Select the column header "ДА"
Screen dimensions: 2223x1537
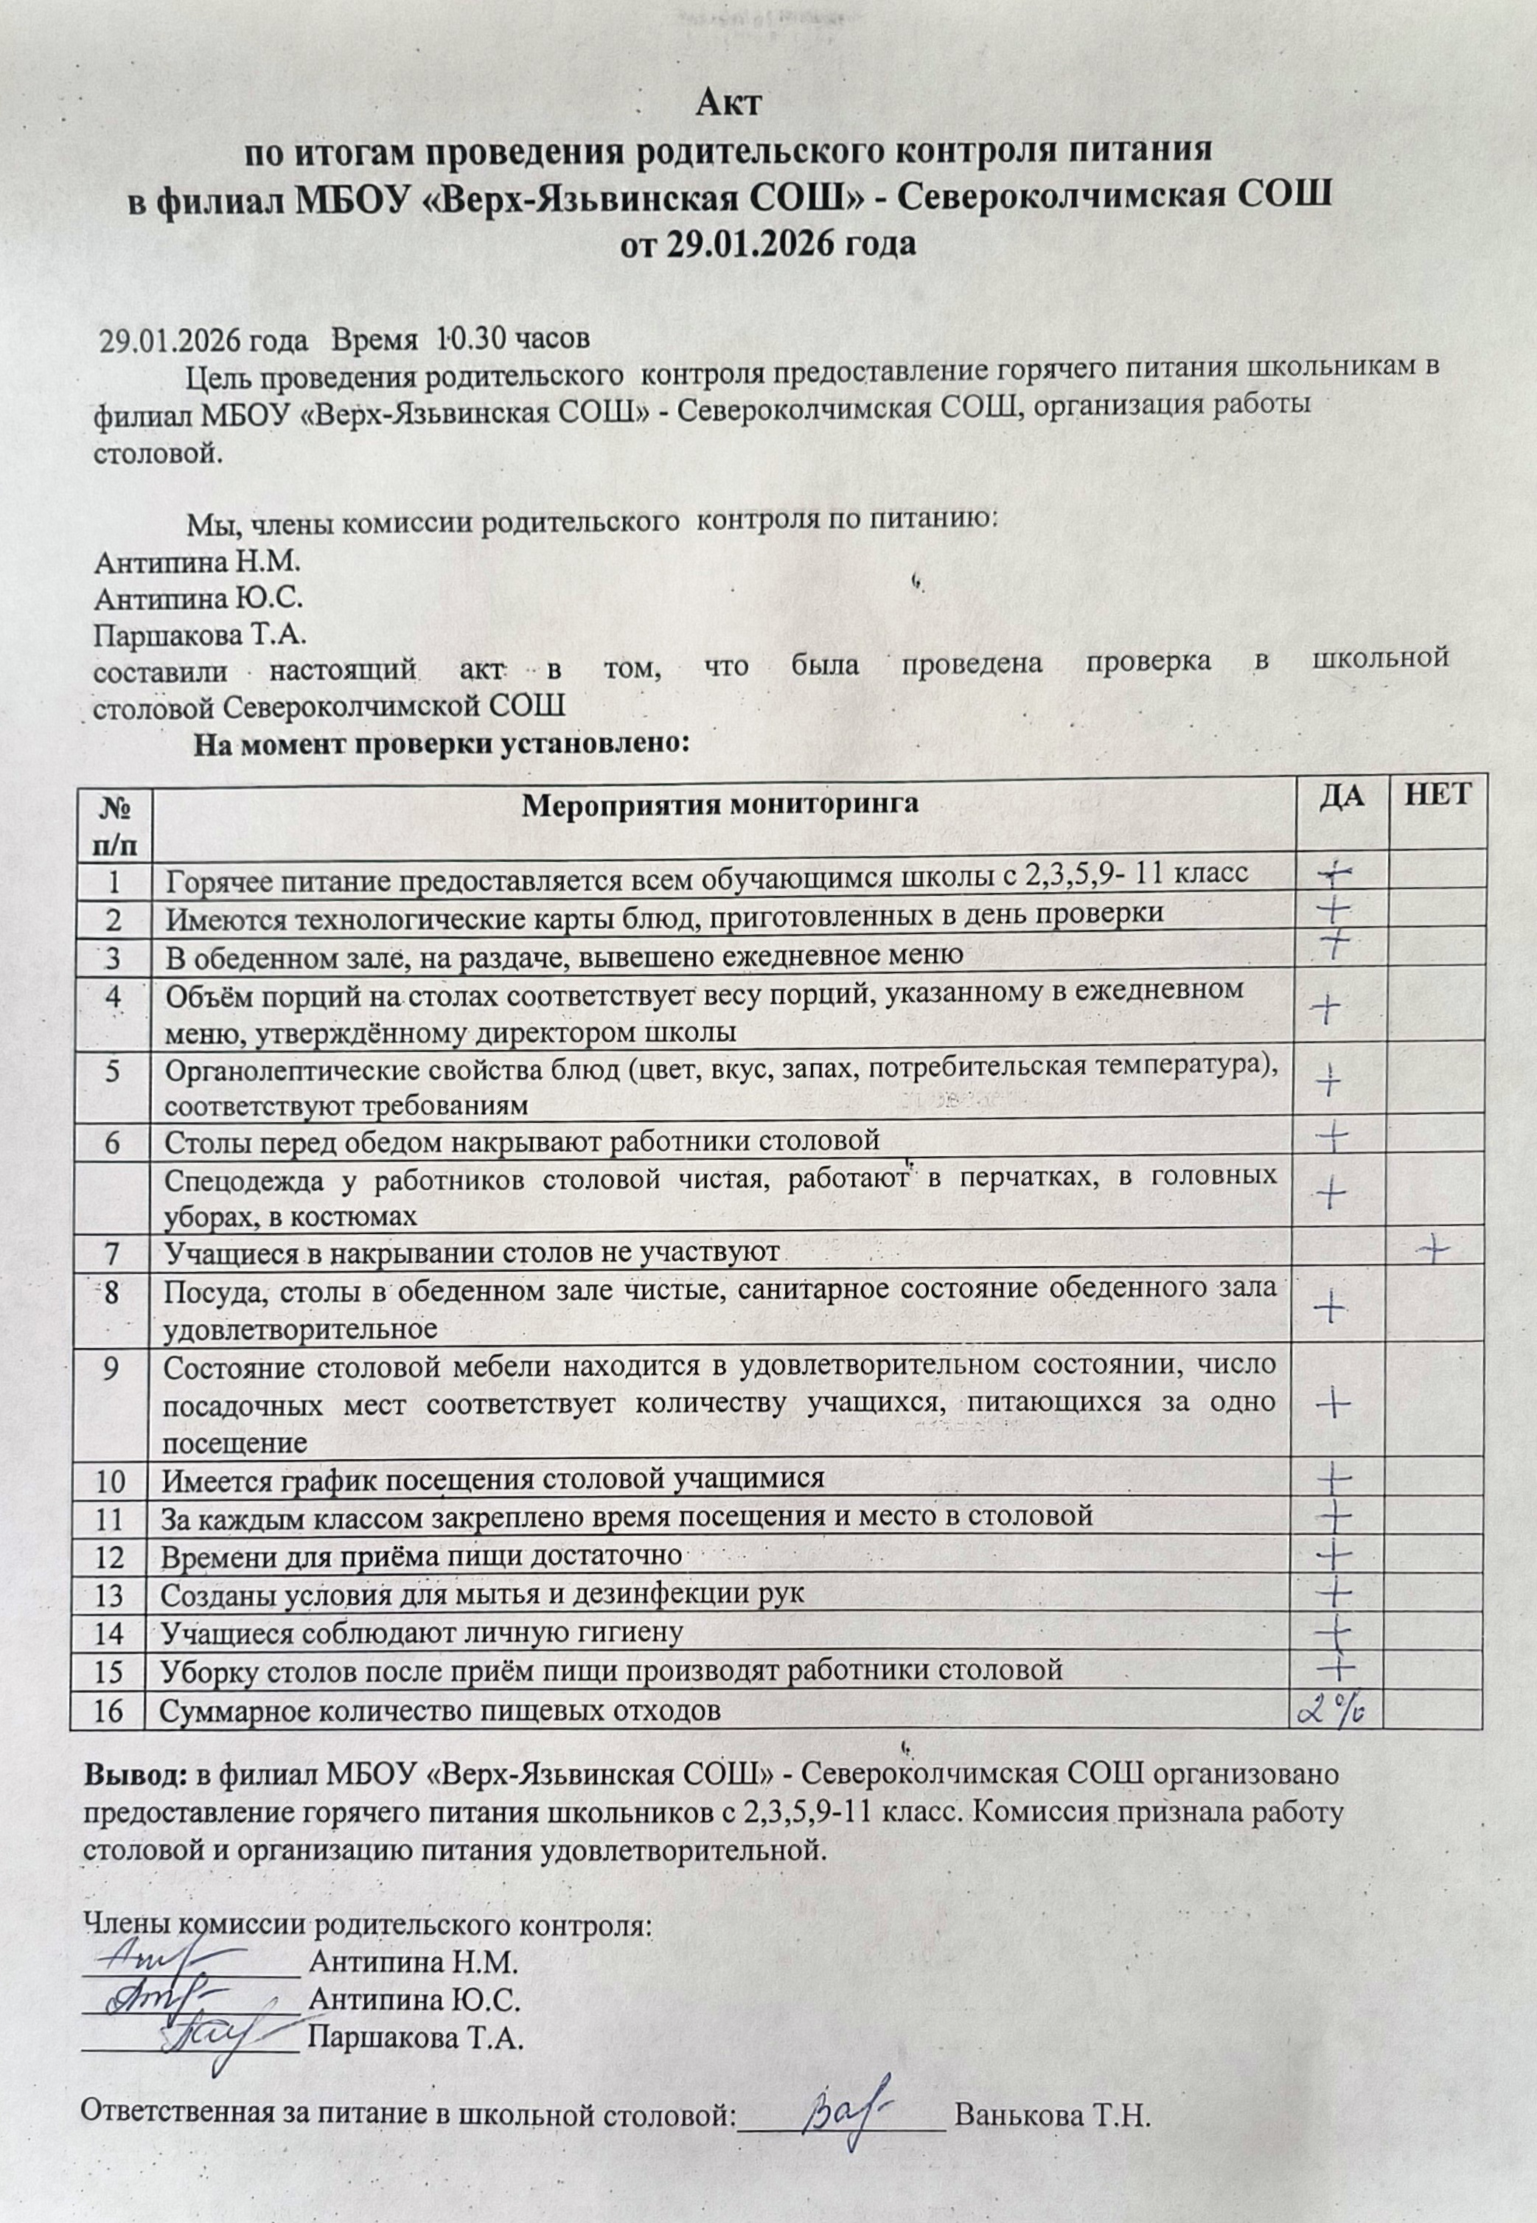1339,796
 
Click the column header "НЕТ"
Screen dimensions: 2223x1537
1437,795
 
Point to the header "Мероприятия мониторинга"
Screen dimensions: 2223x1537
719,805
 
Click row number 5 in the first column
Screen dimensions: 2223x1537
113,1072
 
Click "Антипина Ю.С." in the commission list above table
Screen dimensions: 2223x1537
198,599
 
